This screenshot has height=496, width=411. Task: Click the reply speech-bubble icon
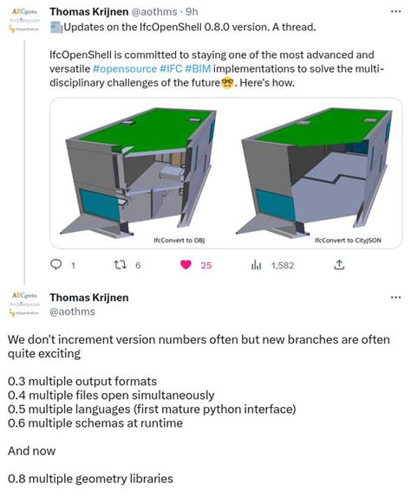pyautogui.click(x=56, y=265)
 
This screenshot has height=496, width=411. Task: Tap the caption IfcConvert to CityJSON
pyautogui.click(x=318, y=240)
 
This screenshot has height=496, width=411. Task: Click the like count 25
pyautogui.click(x=206, y=266)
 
